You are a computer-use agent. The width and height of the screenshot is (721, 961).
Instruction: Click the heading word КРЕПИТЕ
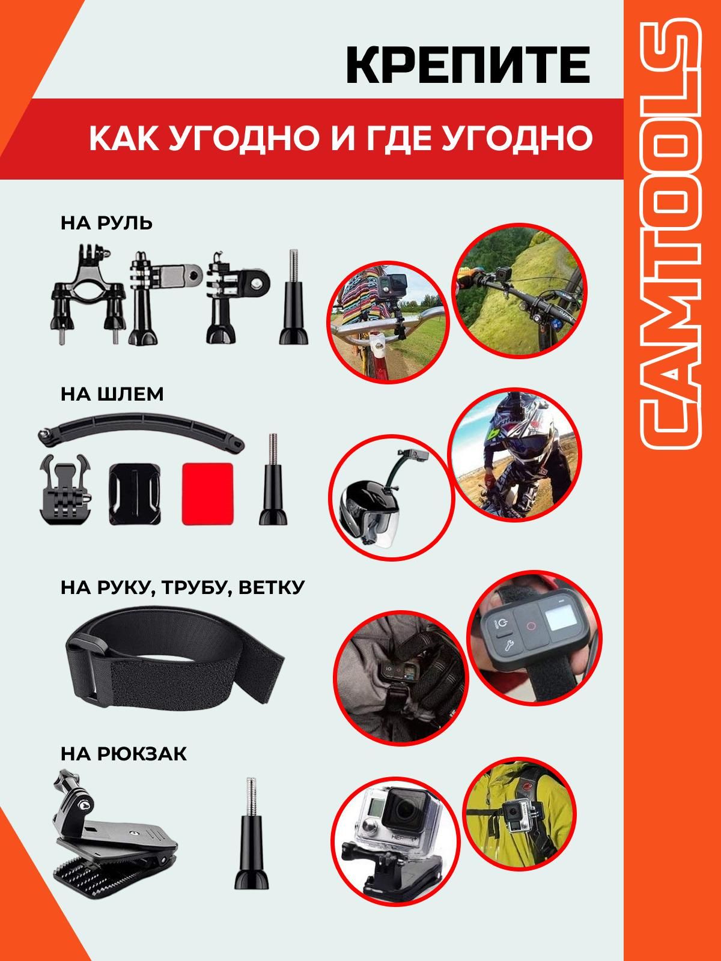468,67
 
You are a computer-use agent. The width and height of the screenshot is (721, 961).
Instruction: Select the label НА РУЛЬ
106,223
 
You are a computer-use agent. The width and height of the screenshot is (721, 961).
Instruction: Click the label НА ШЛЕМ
112,394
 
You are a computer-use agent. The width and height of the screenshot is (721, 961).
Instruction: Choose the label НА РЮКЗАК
124,754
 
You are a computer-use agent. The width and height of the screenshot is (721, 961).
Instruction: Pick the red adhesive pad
207,494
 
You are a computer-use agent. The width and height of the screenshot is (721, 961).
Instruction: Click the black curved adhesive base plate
135,494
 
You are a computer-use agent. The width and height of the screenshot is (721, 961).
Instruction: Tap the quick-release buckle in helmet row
66,490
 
